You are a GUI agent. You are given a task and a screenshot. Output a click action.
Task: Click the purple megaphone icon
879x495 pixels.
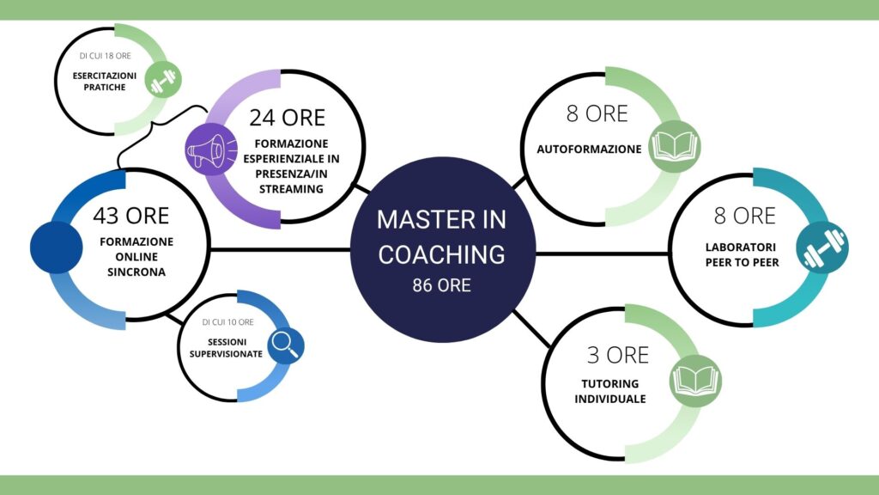(x=211, y=150)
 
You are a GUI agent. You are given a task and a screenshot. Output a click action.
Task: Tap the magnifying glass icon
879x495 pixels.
(x=286, y=345)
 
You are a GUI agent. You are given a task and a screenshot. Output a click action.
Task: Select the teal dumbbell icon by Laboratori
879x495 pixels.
(x=822, y=248)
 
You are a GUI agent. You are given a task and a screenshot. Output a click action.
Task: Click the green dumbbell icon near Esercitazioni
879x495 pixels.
(x=163, y=80)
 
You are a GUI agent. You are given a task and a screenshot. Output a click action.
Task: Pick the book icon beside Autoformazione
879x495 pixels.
(x=675, y=146)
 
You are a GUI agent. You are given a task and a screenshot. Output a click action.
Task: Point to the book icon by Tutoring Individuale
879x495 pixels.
(x=695, y=381)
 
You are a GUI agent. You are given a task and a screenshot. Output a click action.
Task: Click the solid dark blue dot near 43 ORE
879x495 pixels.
(x=57, y=247)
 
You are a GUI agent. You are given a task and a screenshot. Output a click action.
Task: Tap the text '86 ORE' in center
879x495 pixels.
(x=442, y=285)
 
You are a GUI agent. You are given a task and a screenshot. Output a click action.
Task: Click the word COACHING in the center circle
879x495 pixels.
(x=442, y=254)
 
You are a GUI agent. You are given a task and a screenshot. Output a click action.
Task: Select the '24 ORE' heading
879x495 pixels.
(x=287, y=118)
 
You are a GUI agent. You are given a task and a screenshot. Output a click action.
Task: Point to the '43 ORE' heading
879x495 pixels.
(x=131, y=216)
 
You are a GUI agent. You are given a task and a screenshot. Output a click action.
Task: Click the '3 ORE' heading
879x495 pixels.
(x=618, y=355)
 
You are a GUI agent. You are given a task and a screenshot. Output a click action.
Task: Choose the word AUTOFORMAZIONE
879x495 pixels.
(x=589, y=150)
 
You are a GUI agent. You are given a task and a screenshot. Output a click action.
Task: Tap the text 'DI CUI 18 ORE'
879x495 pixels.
(x=106, y=56)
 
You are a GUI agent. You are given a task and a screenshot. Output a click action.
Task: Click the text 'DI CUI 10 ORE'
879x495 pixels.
(x=228, y=322)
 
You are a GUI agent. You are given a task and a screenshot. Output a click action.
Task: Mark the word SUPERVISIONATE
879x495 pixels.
(x=226, y=354)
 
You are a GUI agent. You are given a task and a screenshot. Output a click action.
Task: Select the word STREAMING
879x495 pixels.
(x=291, y=190)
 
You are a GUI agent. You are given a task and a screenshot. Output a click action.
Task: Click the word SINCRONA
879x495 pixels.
(x=136, y=272)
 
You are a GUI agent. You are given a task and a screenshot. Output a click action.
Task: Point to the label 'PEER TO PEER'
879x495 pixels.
(x=743, y=263)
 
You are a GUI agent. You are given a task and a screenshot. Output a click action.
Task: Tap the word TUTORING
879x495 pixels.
(x=610, y=384)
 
